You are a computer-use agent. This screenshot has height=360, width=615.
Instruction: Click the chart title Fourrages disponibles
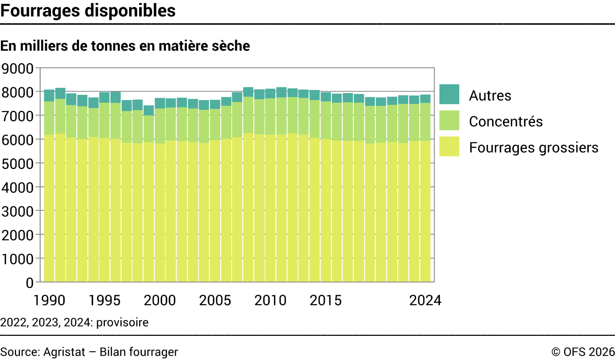88,11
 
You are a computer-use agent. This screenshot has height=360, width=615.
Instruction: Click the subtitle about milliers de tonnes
125,46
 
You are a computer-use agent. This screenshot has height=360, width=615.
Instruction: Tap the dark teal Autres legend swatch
449,94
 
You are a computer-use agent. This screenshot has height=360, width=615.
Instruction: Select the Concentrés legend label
506,121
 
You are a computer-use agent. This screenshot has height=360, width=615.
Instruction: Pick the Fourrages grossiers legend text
534,148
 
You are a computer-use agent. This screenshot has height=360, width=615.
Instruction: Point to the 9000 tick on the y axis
17,68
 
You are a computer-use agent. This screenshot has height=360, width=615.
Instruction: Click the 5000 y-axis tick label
17,164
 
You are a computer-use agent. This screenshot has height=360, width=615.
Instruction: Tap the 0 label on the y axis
29,283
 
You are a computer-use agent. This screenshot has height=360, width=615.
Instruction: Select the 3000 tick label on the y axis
17,212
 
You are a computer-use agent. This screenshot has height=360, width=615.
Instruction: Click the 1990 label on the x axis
49,300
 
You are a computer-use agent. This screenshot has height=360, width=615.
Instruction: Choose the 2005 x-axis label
215,300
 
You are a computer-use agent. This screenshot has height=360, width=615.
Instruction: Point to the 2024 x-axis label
425,300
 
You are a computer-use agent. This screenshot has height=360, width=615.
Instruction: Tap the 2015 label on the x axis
326,300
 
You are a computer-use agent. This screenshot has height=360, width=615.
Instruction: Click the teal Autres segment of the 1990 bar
49,96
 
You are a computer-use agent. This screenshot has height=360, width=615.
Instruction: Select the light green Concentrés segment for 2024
425,122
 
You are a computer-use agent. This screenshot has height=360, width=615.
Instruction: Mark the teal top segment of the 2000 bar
160,103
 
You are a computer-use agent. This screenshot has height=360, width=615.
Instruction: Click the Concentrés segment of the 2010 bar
270,116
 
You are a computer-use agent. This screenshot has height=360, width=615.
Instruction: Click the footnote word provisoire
122,323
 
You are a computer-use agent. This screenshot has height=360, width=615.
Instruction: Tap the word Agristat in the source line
64,352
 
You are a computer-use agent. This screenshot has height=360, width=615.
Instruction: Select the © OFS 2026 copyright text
583,352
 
